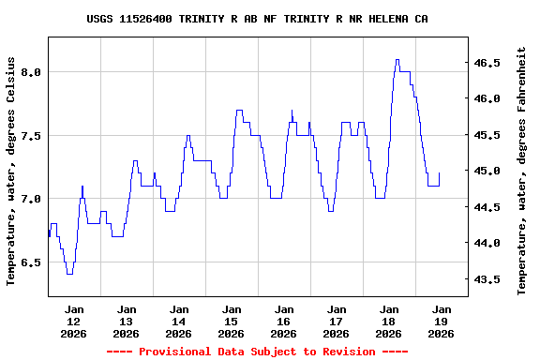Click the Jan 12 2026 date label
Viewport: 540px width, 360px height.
73,321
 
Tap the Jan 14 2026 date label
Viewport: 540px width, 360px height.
178,321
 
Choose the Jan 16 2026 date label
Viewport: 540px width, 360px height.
283,321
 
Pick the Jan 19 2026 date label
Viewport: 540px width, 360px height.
441,321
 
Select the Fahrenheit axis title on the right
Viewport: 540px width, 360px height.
522,170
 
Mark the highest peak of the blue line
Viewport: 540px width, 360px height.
397,60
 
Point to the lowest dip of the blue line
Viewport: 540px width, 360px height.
69,274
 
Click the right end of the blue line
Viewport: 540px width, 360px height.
439,173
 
